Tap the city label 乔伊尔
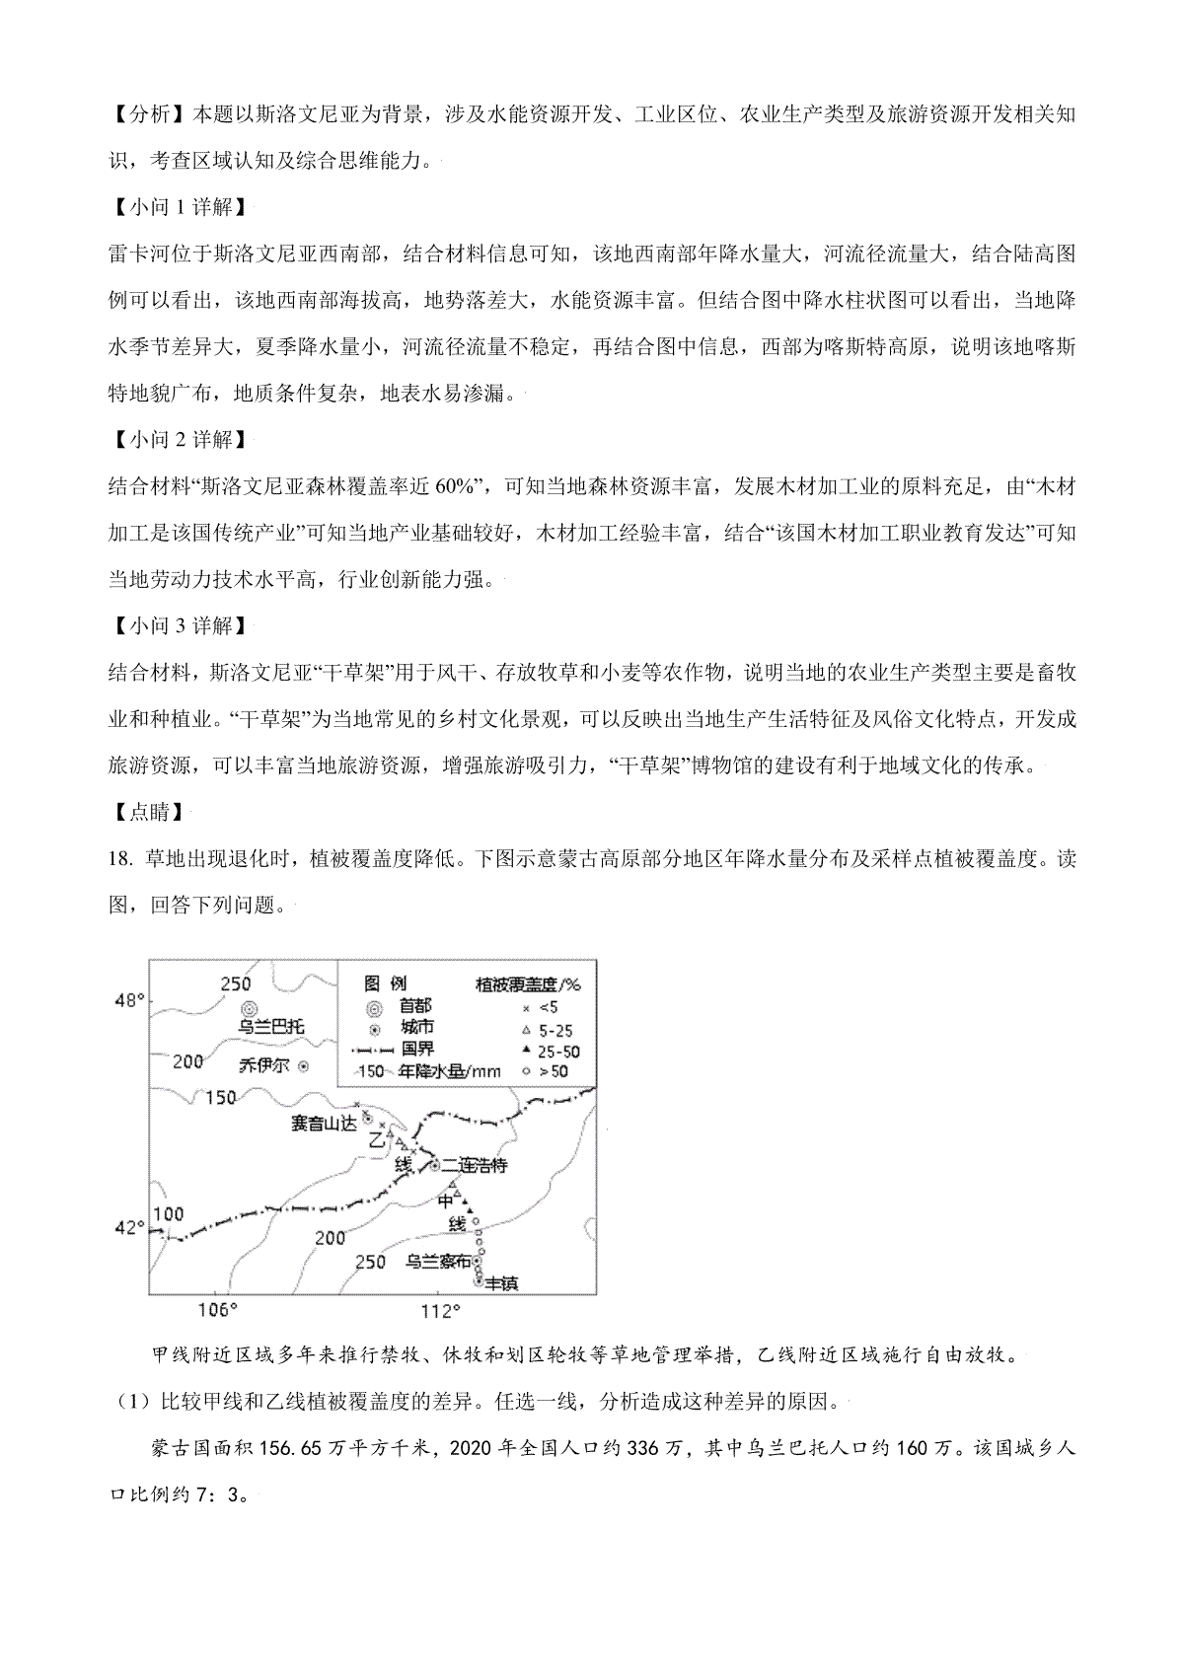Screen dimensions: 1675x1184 pos(265,1065)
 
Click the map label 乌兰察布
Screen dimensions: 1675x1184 pos(438,1262)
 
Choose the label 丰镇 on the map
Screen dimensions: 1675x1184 pos(501,1283)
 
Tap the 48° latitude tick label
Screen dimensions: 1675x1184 pos(129,1001)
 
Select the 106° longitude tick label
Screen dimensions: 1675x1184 pos(219,1311)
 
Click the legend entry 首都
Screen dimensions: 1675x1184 pos(415,1005)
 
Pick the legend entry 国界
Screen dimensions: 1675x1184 pos(415,1049)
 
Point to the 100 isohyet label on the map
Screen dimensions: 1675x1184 pos(169,1213)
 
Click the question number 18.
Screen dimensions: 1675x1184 pos(116,858)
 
